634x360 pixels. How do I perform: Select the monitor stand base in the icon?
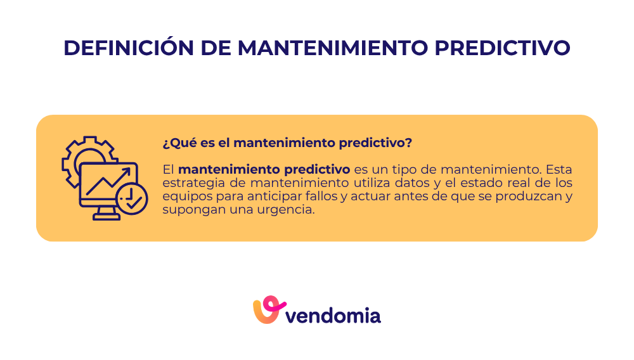click(x=106, y=217)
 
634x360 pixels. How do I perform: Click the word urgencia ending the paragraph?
click(x=288, y=210)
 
